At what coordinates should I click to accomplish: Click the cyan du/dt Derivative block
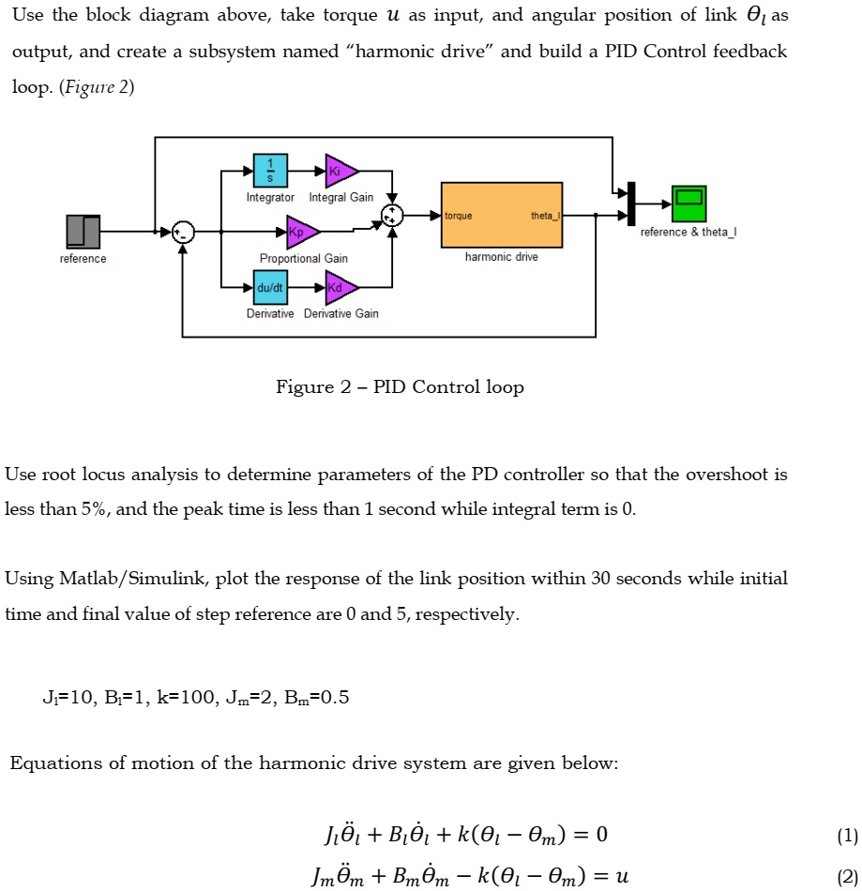click(x=270, y=287)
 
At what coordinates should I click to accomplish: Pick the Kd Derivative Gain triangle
click(x=340, y=287)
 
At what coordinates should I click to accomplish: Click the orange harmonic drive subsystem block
click(x=502, y=215)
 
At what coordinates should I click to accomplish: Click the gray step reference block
click(x=83, y=232)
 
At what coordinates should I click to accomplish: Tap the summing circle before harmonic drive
click(x=392, y=216)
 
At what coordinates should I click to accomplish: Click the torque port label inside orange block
click(x=459, y=216)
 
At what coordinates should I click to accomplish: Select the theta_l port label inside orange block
click(x=545, y=216)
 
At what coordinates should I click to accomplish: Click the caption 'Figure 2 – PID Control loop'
click(x=400, y=387)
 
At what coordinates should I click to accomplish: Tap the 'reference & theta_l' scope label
click(x=688, y=233)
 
